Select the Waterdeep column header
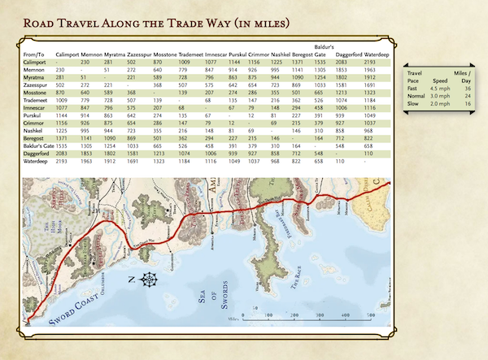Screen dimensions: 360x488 [381, 54]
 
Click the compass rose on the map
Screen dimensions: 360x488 [150, 282]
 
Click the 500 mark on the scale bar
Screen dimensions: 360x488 [370, 314]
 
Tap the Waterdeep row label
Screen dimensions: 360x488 [37, 162]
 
